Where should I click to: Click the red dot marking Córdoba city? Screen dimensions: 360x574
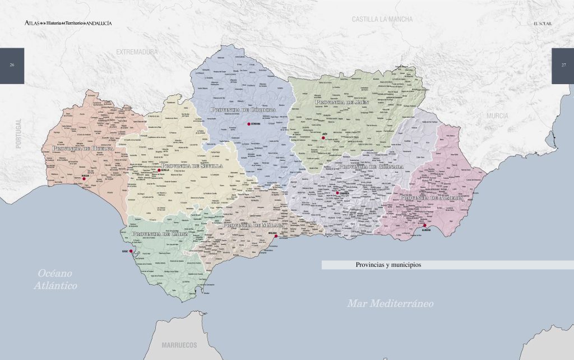tap(248, 124)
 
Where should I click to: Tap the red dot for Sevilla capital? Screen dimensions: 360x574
tap(159, 170)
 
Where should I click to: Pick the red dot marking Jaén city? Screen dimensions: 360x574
tap(323, 137)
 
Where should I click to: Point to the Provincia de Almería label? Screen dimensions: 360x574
tap(432, 197)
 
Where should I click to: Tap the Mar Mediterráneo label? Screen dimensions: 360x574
tap(390, 303)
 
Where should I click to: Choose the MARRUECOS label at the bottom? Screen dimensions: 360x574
tap(179, 344)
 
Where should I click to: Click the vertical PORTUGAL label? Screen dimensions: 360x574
tap(18, 133)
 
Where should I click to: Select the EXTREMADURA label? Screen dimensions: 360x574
tap(137, 52)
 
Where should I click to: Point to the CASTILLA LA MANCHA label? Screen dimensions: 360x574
tap(382, 19)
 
